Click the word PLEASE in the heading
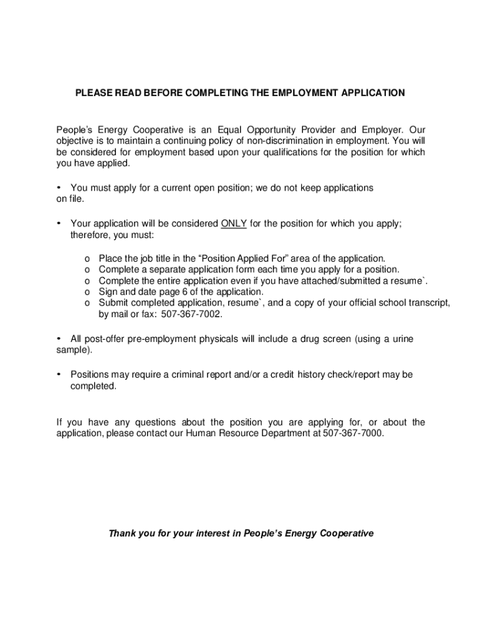92,93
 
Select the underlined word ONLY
234,224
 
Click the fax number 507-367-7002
191,314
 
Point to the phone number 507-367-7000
353,432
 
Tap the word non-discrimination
299,141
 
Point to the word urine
400,339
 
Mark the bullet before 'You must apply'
59,187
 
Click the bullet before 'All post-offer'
59,338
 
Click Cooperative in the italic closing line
346,533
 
